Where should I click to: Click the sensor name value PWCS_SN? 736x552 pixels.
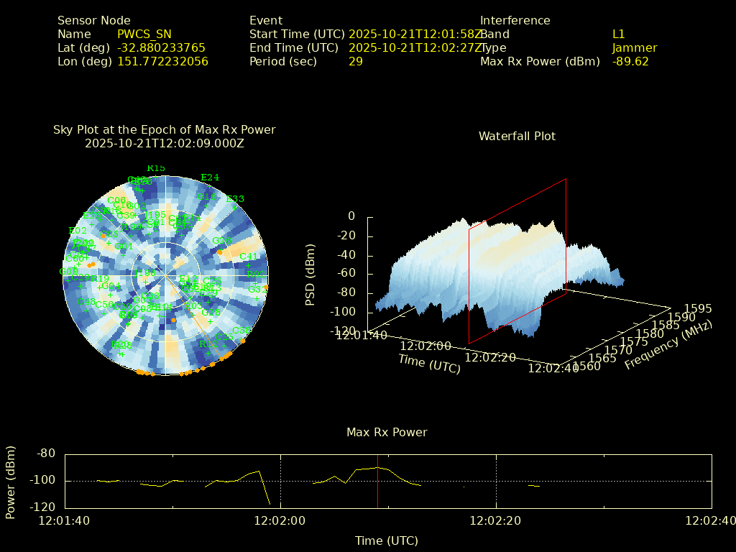tap(144, 34)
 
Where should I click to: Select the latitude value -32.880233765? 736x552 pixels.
tap(161, 47)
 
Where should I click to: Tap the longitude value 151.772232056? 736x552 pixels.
tap(162, 61)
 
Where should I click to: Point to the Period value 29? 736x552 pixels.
tap(355, 61)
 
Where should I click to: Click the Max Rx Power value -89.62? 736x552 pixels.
tap(630, 61)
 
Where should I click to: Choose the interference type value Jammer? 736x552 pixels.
tap(635, 47)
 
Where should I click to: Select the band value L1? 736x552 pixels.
tap(619, 34)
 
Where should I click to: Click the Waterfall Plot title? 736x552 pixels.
tap(517, 136)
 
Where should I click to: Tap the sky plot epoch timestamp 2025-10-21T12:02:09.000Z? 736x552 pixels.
tap(165, 143)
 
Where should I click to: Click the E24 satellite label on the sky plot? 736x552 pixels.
tap(210, 178)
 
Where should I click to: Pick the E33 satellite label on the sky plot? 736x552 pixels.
tap(235, 199)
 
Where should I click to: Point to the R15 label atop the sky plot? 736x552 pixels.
tap(156, 168)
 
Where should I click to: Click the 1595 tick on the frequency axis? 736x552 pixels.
tap(698, 308)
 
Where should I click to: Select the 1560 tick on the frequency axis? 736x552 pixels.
tap(589, 367)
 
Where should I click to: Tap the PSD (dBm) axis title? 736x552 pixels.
tap(310, 274)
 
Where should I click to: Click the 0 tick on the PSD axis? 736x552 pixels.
tap(351, 216)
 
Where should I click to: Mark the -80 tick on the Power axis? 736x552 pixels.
tap(47, 454)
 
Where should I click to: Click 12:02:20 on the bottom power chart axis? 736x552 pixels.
tap(497, 520)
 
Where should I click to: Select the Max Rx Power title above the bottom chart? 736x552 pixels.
tap(387, 432)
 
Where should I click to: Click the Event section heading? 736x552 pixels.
tap(266, 20)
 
